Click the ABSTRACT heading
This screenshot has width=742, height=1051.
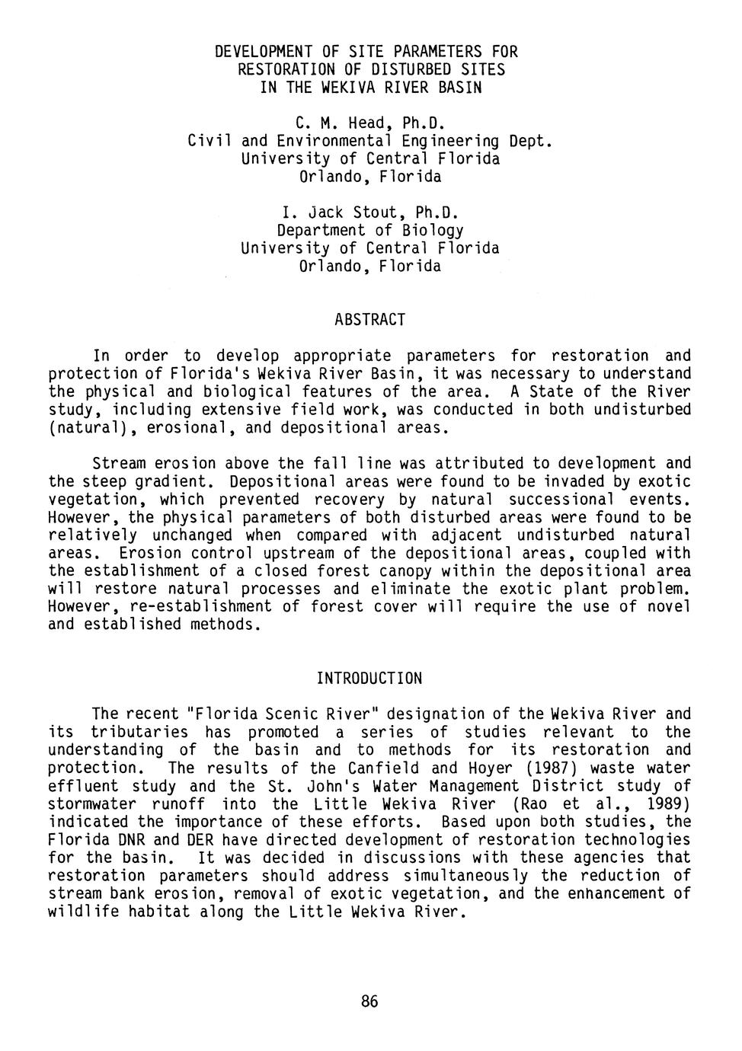pos(369,320)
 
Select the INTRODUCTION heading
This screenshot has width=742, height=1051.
pos(369,678)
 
